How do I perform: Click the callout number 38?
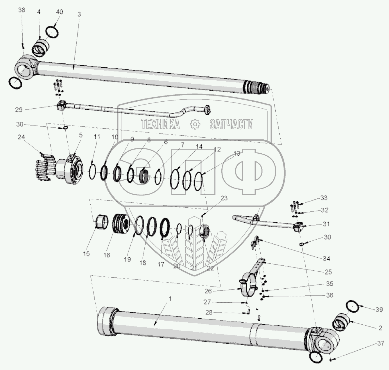[x=22, y=10]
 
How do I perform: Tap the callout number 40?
[x=60, y=12]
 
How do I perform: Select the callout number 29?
[x=19, y=110]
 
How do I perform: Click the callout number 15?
[x=86, y=254]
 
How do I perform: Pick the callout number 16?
[x=107, y=255]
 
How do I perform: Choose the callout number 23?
[x=224, y=198]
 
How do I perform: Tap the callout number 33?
[x=324, y=198]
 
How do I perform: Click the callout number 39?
[x=379, y=310]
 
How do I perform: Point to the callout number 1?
[x=171, y=299]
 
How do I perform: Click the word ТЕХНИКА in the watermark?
[x=160, y=124]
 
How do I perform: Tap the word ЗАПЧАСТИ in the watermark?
[x=231, y=124]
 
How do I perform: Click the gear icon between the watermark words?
[x=195, y=124]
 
